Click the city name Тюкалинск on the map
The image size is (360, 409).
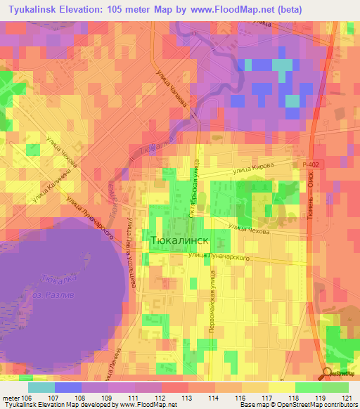click(180, 240)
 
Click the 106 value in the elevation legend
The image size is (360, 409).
click(28, 398)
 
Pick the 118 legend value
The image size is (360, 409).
click(283, 398)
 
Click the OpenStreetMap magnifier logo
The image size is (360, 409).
click(327, 374)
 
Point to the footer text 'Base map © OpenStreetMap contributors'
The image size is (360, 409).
click(296, 405)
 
